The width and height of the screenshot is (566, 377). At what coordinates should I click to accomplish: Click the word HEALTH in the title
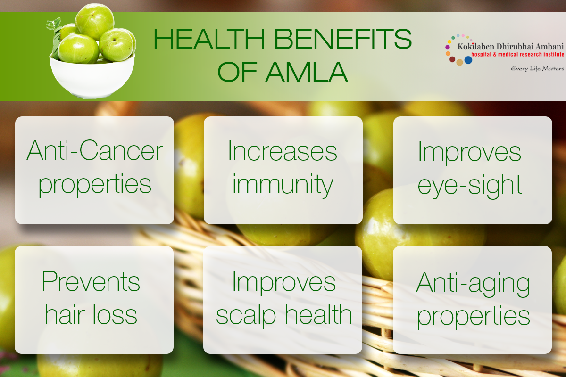tap(209, 39)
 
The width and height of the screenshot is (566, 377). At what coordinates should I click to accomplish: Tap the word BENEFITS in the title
tap(343, 39)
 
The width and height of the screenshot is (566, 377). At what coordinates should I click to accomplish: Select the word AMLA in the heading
tap(307, 72)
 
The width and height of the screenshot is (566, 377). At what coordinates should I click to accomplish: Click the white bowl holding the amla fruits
tap(92, 76)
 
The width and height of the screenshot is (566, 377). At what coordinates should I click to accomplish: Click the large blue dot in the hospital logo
tap(468, 60)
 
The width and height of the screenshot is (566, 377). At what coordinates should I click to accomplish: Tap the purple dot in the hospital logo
tap(448, 47)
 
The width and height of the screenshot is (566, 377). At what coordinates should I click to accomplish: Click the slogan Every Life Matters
tap(537, 69)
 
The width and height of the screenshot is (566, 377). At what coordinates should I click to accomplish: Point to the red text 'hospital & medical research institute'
tap(517, 54)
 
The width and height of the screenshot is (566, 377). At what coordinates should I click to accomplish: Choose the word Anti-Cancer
tap(95, 150)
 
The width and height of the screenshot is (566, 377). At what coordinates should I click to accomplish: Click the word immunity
tap(283, 185)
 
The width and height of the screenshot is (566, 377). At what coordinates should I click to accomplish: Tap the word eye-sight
tap(470, 186)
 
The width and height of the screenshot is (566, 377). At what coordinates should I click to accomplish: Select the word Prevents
tap(91, 281)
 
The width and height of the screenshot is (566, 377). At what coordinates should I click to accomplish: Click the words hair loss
tap(91, 314)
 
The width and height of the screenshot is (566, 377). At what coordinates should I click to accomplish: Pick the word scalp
tap(246, 316)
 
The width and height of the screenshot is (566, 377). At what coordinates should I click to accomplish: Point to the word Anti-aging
tap(473, 284)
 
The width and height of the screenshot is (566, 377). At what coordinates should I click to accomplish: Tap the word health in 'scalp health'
tap(319, 314)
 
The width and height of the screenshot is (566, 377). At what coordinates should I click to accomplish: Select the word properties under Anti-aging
tap(473, 317)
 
